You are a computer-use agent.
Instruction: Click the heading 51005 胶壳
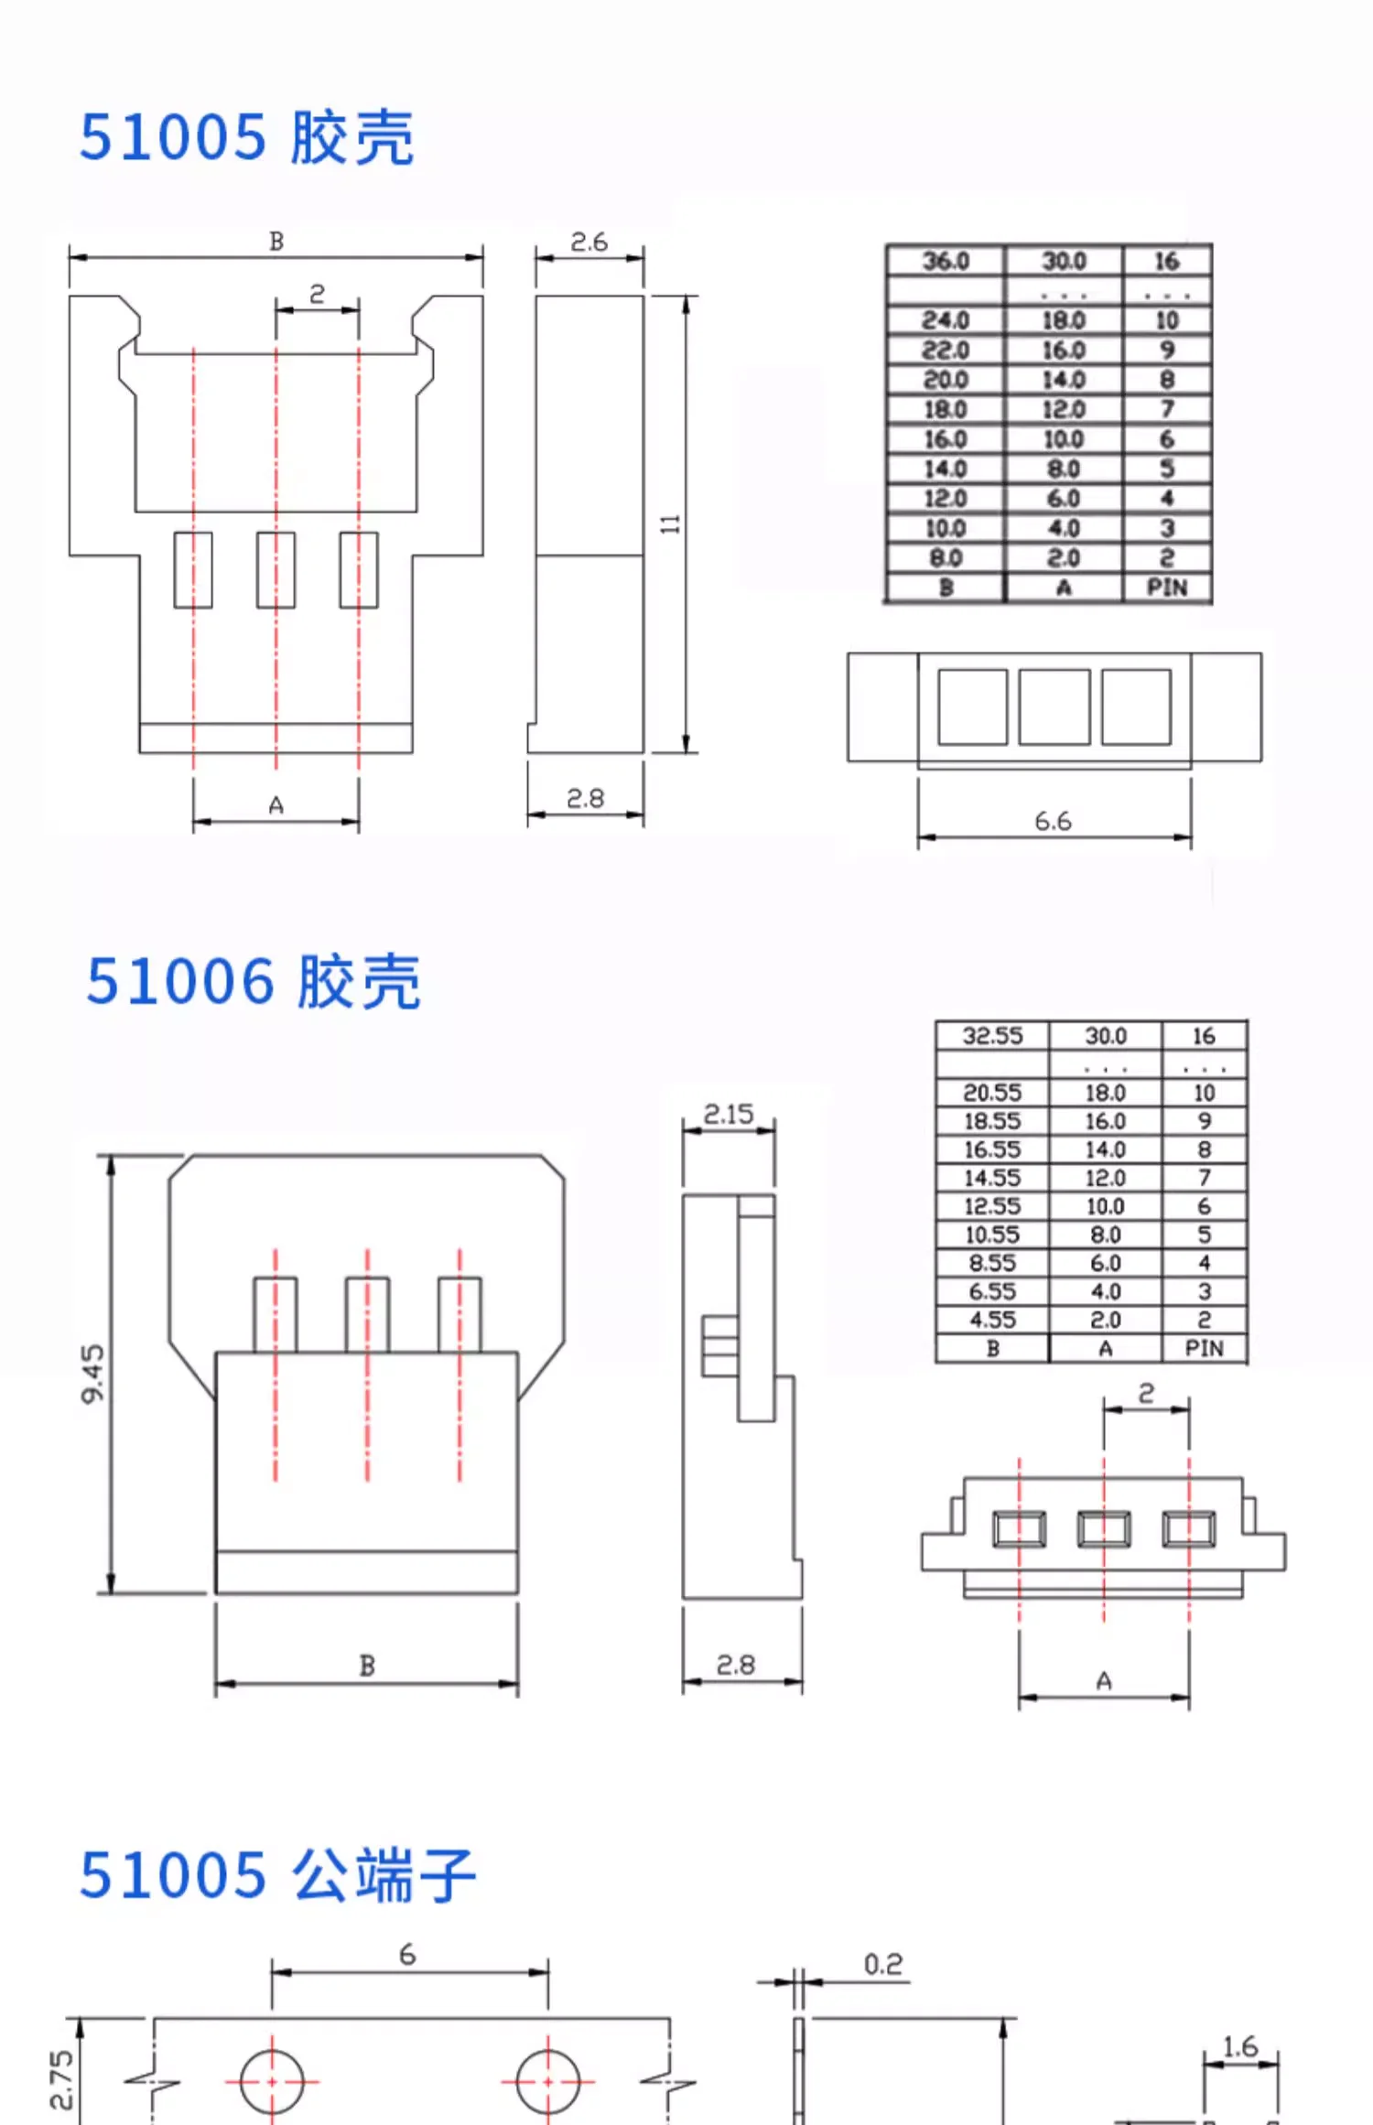246,138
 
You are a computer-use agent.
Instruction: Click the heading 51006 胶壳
253,982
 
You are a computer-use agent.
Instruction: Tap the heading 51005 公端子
277,1875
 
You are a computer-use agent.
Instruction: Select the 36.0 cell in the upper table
946,262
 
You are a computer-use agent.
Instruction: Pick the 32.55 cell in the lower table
992,1036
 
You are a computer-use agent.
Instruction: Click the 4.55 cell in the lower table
992,1320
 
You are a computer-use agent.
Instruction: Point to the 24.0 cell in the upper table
946,320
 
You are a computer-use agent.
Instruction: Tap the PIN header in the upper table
1167,588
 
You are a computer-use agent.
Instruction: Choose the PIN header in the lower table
1204,1348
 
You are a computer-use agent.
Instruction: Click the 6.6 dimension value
1053,821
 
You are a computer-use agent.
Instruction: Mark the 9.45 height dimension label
93,1373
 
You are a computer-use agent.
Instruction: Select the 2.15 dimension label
729,1114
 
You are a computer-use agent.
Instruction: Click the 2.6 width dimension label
589,243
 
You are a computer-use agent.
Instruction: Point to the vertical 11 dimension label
671,523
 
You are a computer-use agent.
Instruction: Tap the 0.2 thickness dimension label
883,1965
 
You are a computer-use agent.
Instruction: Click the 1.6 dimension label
1240,2047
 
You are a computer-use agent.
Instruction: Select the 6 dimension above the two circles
407,1955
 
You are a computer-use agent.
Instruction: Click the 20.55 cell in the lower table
992,1093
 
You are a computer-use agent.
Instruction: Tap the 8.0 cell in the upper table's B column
946,558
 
